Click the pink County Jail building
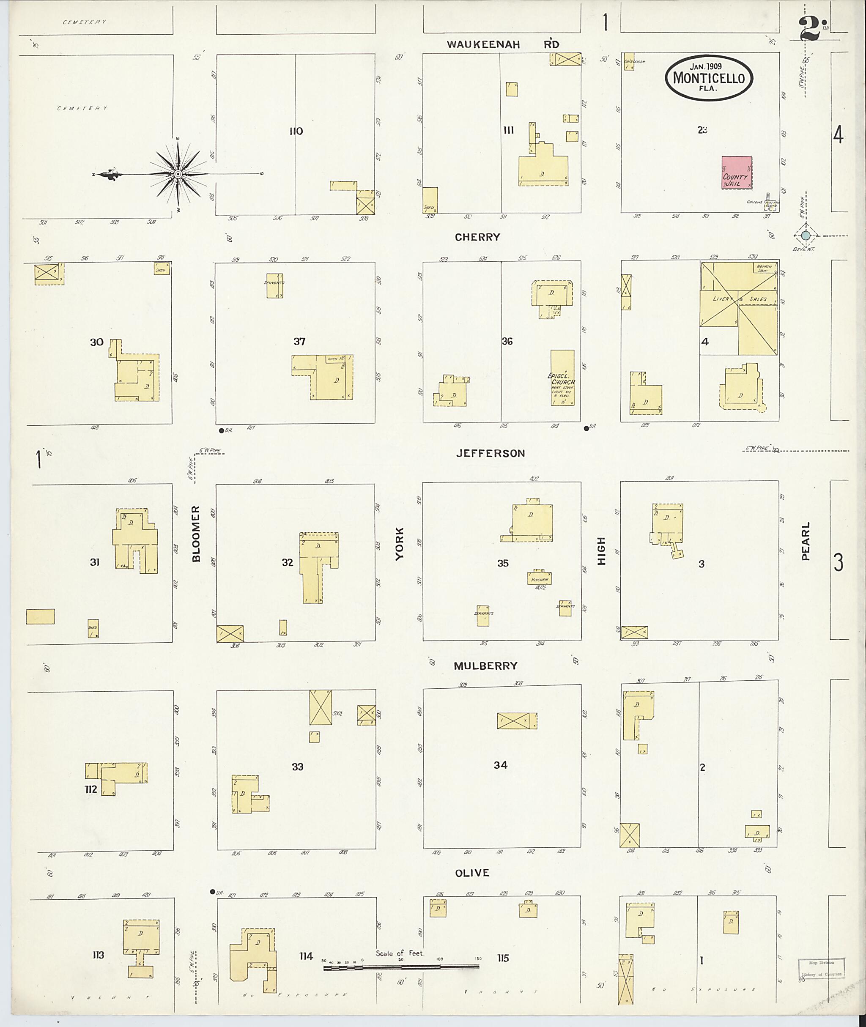tap(736, 173)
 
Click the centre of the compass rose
tap(178, 174)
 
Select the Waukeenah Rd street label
tap(503, 44)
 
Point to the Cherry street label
tap(477, 237)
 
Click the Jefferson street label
tap(491, 453)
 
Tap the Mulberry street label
tap(485, 665)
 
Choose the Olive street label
tap(472, 872)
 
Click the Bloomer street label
tap(196, 534)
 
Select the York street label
tap(400, 544)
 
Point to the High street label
tap(602, 550)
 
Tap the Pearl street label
tap(806, 541)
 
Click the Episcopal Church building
tap(562, 378)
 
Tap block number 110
tap(296, 131)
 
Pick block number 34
tap(500, 764)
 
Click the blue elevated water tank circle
tap(806, 236)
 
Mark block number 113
tap(98, 954)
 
